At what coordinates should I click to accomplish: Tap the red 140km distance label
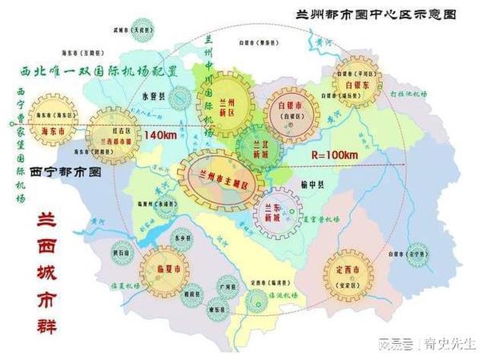tap(160, 136)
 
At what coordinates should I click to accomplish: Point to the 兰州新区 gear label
tap(226, 103)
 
